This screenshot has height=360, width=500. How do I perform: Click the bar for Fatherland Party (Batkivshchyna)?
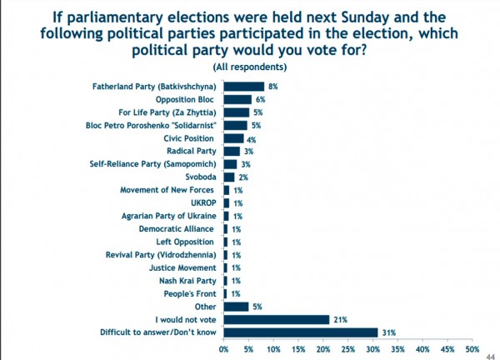point(243,86)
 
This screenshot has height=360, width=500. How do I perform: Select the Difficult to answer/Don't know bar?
point(300,332)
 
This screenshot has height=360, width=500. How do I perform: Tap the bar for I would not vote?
point(276,319)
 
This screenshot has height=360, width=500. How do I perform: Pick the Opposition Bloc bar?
point(237,98)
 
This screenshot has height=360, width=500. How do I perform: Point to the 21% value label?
point(340,319)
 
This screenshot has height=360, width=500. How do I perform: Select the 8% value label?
point(271,86)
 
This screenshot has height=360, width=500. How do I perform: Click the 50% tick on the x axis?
point(472,349)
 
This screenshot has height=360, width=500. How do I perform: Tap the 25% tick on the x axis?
point(348,349)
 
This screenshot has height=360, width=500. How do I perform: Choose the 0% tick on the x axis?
point(224,349)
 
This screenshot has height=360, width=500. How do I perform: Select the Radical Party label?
point(193,151)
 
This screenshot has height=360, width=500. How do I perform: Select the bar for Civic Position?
point(233,137)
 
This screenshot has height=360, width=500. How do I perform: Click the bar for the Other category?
point(236,307)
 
